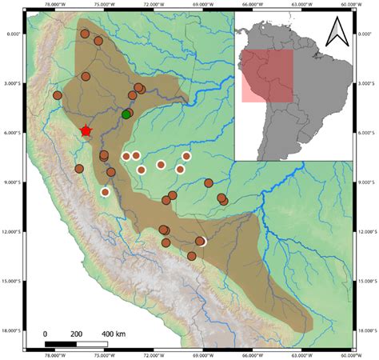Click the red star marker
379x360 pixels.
pos(86,130)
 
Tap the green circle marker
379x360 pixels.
pos(126,114)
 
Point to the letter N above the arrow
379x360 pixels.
pos(337,24)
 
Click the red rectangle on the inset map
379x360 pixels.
pos(267,76)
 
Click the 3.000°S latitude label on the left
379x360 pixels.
pos(14,83)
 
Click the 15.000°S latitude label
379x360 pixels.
pos(13,281)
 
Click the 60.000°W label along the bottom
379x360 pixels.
pos(354,356)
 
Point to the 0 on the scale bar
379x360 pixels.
pos(46,334)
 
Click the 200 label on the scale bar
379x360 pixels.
pos(77,334)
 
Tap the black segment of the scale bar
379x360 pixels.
pos(61,343)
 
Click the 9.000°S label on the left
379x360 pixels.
pos(14,182)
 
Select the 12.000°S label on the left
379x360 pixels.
pos(13,231)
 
